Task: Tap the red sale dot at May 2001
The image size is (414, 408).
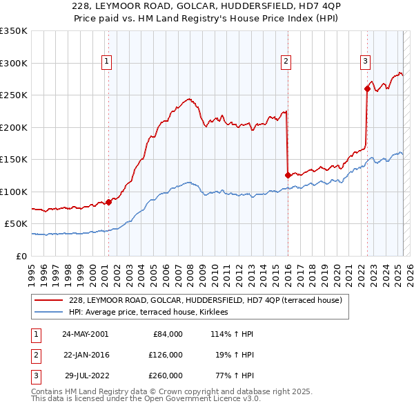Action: point(108,202)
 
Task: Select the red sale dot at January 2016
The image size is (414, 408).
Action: point(287,175)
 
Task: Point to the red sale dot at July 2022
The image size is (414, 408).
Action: point(367,89)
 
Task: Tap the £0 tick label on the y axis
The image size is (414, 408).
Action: point(21,256)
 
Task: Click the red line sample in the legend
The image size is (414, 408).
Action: point(48,300)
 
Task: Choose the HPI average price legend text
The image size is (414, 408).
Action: point(153,312)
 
